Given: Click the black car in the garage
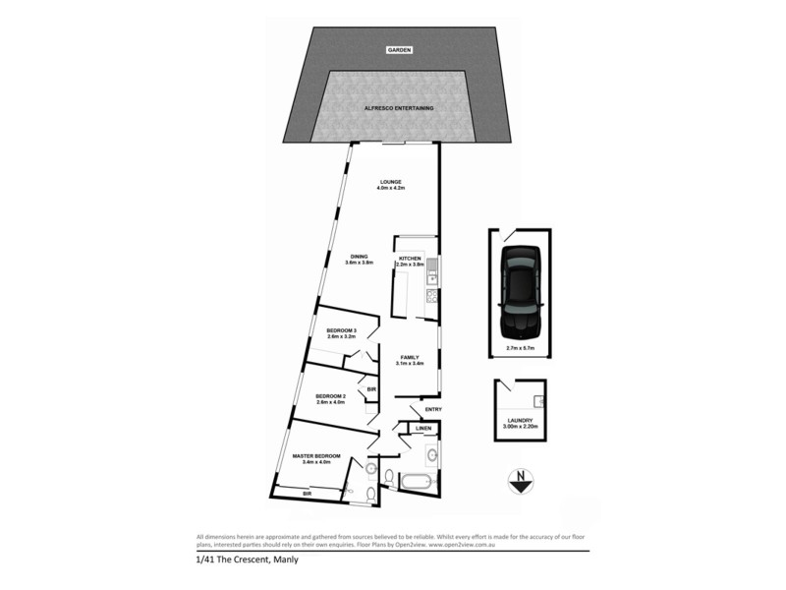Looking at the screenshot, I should (519, 290).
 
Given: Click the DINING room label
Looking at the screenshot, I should (359, 259).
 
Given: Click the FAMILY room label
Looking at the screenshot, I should (410, 358).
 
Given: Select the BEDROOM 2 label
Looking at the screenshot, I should (330, 395).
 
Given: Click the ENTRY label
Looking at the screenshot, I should (433, 410).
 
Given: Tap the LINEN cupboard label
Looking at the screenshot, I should (423, 429).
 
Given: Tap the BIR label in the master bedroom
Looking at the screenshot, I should (307, 495).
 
